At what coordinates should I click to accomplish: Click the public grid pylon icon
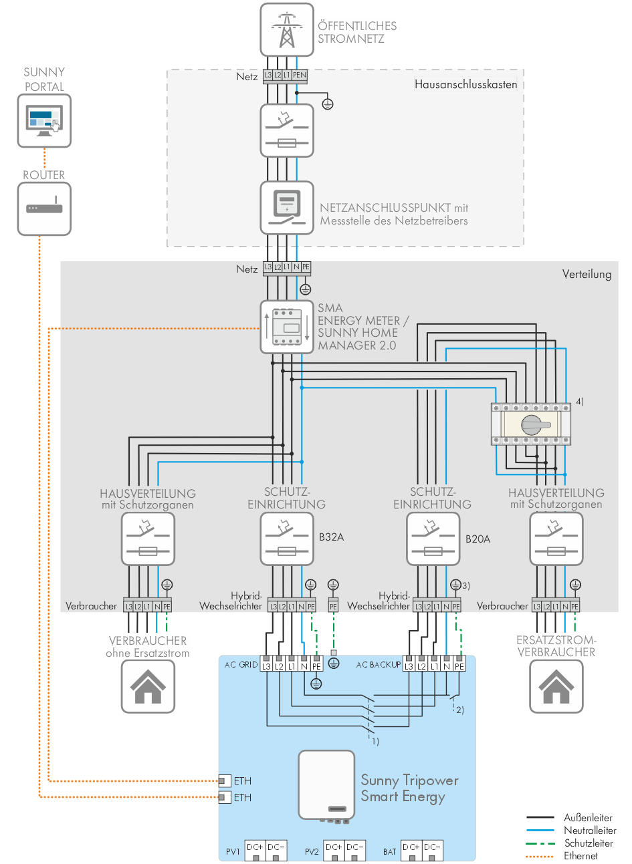click(287, 30)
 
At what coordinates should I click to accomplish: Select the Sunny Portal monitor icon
click(44, 121)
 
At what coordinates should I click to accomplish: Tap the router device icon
click(44, 209)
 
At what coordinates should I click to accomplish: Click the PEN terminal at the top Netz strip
click(300, 76)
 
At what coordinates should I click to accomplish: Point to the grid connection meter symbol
click(287, 208)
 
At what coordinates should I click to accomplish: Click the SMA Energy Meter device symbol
click(287, 327)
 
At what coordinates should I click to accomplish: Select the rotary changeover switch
click(532, 424)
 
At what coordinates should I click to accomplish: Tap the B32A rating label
click(331, 537)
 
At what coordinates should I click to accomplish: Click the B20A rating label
click(478, 539)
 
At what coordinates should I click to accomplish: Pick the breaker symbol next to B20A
click(433, 539)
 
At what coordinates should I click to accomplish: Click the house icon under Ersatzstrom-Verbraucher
click(556, 687)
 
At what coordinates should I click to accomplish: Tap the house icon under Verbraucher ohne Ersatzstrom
click(148, 687)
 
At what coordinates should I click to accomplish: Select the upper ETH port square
click(225, 780)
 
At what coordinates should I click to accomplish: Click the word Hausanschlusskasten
click(465, 84)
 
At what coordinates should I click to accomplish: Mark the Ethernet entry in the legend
click(580, 855)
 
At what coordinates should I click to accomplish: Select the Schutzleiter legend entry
click(588, 843)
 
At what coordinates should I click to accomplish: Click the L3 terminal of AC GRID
click(266, 666)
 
